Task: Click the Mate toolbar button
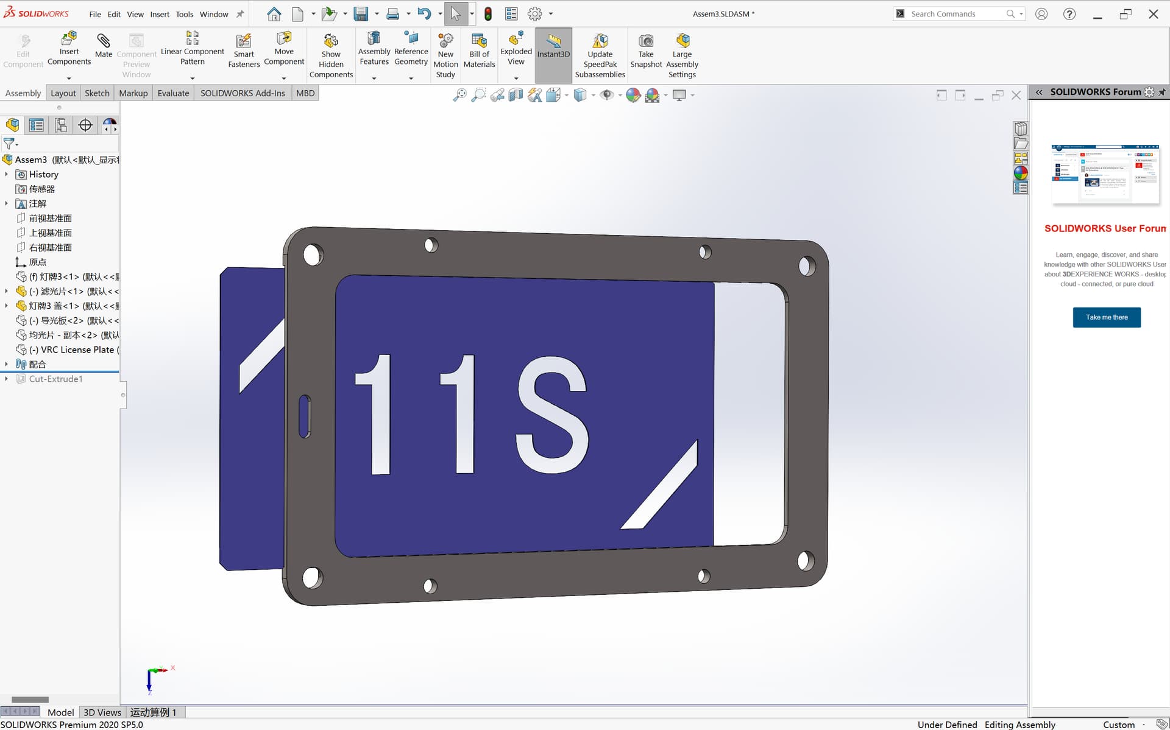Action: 104,46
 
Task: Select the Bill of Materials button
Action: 479,51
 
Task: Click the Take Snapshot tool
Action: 645,51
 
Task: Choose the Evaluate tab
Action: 173,93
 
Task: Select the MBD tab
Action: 305,93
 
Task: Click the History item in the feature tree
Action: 43,174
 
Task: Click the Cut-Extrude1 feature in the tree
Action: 55,379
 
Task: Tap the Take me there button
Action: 1106,317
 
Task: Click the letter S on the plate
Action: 551,414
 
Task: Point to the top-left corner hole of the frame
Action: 313,254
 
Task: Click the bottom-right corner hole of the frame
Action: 805,560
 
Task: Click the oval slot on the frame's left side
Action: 305,416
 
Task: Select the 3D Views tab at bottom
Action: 102,712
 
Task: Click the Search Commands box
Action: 954,13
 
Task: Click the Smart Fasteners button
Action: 244,51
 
